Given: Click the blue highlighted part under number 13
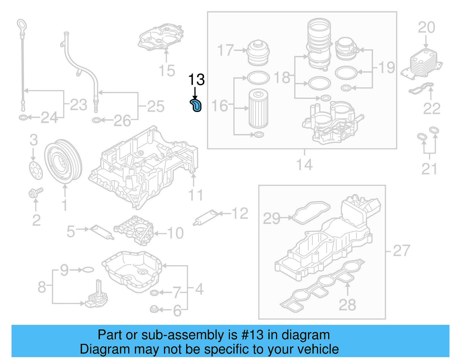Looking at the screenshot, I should click(x=196, y=105).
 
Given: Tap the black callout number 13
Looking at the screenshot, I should click(x=196, y=80).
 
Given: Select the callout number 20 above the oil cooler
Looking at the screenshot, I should click(x=426, y=28).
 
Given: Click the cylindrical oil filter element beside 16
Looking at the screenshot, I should click(x=258, y=108).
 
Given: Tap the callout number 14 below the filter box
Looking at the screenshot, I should click(x=304, y=165).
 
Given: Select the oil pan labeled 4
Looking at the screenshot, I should click(x=132, y=271).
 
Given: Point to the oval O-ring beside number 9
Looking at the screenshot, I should click(x=88, y=270).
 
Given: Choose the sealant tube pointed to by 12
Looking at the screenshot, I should click(x=206, y=218).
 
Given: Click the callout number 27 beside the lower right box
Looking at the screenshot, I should click(x=401, y=250).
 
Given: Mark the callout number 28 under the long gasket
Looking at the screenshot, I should click(x=347, y=305).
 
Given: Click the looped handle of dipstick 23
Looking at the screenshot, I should click(x=22, y=24).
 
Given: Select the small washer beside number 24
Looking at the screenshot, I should click(x=23, y=118).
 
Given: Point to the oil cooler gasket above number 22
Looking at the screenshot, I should click(x=421, y=88).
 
